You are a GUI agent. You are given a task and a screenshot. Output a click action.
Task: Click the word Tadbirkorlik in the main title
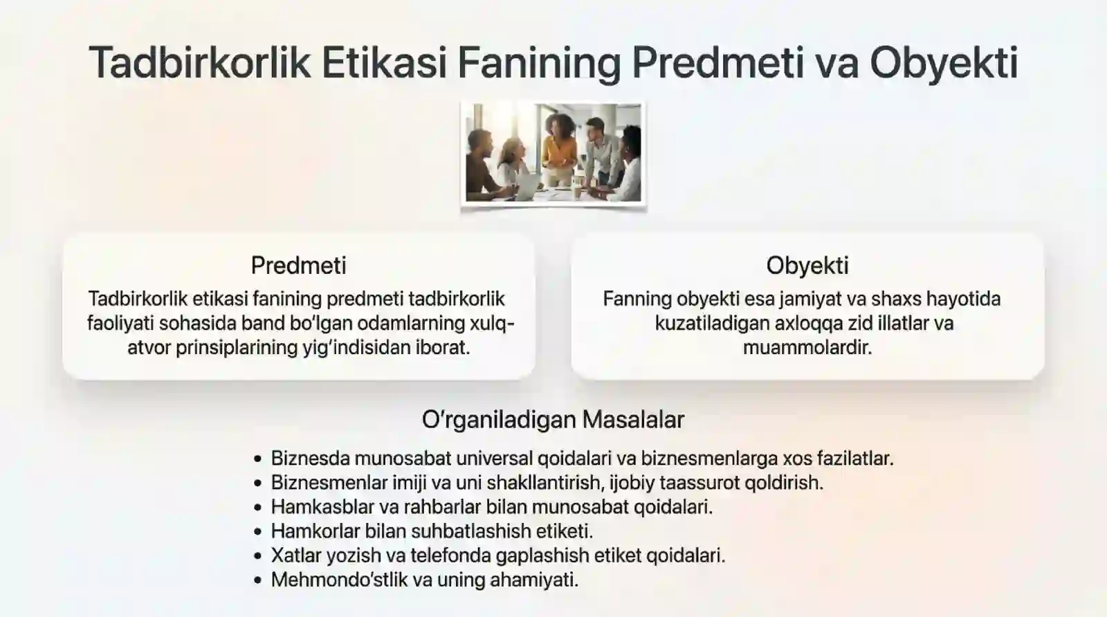tap(200, 62)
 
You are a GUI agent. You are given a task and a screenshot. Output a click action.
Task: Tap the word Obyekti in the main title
tap(943, 62)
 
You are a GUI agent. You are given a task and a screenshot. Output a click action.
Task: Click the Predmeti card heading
tap(298, 265)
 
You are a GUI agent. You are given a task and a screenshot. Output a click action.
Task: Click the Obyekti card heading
tap(807, 265)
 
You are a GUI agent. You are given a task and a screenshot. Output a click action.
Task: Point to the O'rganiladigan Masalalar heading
tap(553, 419)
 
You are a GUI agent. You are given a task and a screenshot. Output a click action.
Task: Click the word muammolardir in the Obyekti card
tap(807, 347)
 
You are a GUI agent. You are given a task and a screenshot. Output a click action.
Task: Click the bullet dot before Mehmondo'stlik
tap(258, 580)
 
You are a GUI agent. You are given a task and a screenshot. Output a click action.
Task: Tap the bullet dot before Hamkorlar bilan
tap(258, 531)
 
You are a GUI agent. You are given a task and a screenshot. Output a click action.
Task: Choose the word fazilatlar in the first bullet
tap(855, 458)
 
